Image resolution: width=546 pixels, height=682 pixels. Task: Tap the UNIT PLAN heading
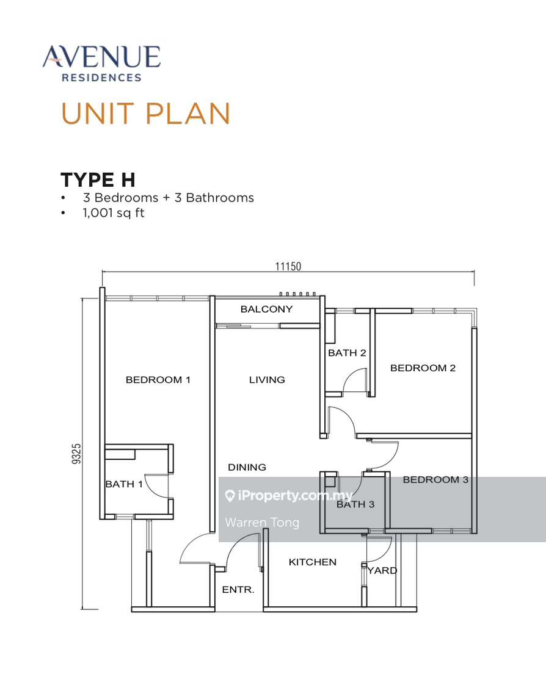pyautogui.click(x=145, y=114)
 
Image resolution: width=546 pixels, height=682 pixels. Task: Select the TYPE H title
pyautogui.click(x=98, y=180)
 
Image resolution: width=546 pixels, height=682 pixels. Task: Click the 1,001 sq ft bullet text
pyautogui.click(x=114, y=213)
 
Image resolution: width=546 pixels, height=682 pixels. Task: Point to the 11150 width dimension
pyautogui.click(x=288, y=266)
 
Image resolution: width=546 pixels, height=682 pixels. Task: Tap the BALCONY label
pyautogui.click(x=266, y=309)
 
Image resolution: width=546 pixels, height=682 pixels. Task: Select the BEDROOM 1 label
pyautogui.click(x=158, y=380)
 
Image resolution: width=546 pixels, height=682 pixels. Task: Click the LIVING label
pyautogui.click(x=267, y=380)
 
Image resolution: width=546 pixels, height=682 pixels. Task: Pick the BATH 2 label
pyautogui.click(x=347, y=353)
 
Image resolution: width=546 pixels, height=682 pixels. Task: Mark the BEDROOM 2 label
pyautogui.click(x=423, y=368)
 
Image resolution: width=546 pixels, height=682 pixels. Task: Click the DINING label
pyautogui.click(x=247, y=467)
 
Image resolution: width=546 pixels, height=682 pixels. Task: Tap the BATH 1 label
pyautogui.click(x=124, y=484)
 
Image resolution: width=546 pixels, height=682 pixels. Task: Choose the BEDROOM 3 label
pyautogui.click(x=435, y=480)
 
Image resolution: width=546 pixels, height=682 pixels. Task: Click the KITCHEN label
pyautogui.click(x=313, y=562)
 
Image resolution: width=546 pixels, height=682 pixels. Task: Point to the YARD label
pyautogui.click(x=384, y=570)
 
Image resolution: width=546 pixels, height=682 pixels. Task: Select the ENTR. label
pyautogui.click(x=238, y=590)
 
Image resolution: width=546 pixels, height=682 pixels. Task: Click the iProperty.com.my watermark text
pyautogui.click(x=294, y=496)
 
